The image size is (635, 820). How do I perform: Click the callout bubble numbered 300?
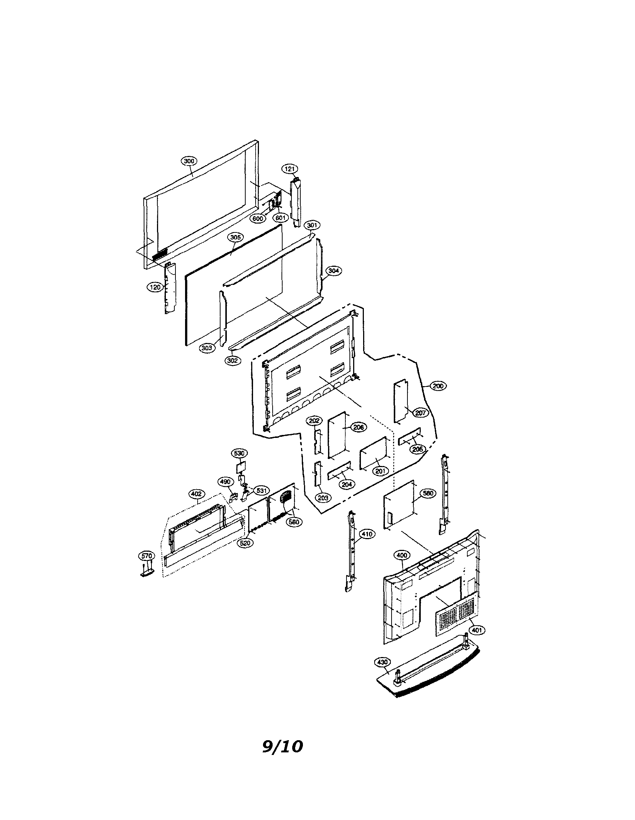pos(189,161)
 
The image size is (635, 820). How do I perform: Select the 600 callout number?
pos(258,218)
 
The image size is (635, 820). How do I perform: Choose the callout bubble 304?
pos(333,271)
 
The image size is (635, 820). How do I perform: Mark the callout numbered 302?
pos(233,361)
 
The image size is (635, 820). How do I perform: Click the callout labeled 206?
pos(359,427)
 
